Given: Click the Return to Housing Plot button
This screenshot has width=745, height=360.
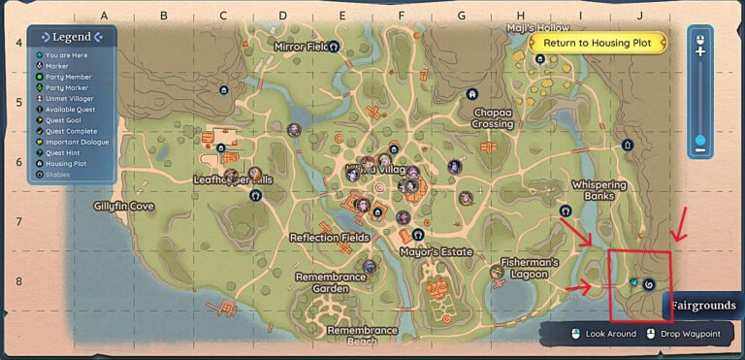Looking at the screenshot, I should point(598,43).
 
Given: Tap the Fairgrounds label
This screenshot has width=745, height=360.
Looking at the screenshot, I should point(702,306).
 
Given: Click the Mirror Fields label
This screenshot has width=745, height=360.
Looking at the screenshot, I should point(303,47).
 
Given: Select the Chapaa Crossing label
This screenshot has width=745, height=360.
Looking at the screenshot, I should point(493,118).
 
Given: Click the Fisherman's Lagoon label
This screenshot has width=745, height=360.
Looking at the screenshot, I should point(530,268).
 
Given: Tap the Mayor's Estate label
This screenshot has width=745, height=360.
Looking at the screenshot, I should point(436,252).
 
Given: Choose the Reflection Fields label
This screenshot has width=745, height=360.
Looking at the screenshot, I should point(329,237).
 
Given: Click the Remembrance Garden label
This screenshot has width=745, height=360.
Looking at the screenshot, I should point(330,282).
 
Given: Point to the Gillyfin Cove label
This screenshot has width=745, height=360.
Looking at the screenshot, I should point(123,206).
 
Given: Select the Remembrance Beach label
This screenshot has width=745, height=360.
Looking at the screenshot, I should point(362,335).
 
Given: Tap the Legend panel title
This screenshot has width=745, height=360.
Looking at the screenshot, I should point(72,37).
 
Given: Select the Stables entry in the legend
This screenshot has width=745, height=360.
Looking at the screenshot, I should point(59,175).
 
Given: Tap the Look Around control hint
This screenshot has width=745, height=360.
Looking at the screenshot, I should point(602,334).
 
